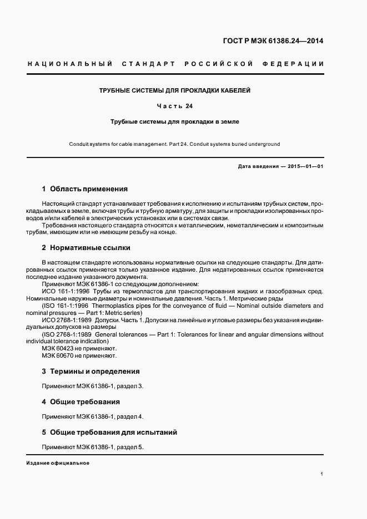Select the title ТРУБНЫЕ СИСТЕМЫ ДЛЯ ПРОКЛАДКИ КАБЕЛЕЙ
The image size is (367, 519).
pyautogui.click(x=175, y=90)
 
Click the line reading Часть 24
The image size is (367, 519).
pyautogui.click(x=175, y=105)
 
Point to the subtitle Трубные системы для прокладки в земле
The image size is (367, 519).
pyautogui.click(x=175, y=121)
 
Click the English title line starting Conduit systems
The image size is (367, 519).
pyautogui.click(x=175, y=144)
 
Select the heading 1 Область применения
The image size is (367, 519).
pyautogui.click(x=85, y=189)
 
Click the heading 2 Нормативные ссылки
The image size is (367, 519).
pyautogui.click(x=86, y=248)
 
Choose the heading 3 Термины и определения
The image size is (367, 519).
pyautogui.click(x=91, y=372)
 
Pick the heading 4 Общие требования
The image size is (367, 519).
pyautogui.click(x=81, y=402)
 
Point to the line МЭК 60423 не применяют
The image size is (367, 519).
pyautogui.click(x=79, y=348)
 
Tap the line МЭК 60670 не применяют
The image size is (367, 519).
pyautogui.click(x=79, y=355)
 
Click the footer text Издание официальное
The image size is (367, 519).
pyautogui.click(x=58, y=463)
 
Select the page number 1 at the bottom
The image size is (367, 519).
pyautogui.click(x=322, y=474)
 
